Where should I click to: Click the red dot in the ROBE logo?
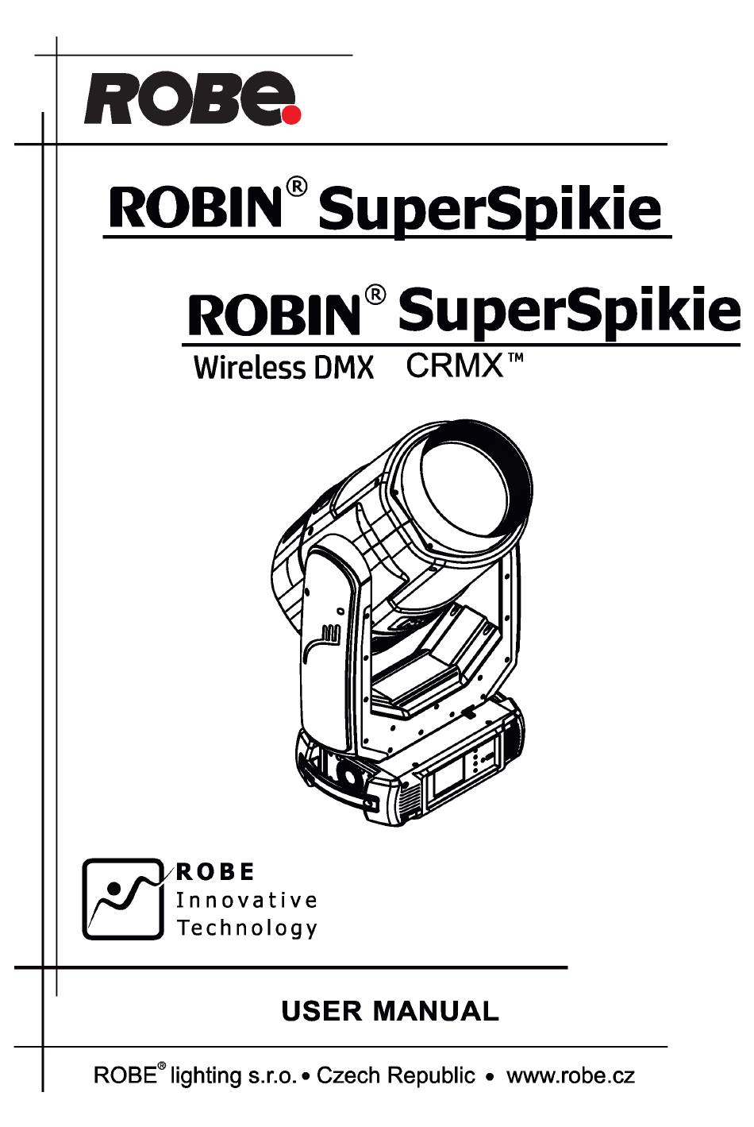pyautogui.click(x=291, y=114)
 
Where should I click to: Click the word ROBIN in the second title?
pyautogui.click(x=275, y=315)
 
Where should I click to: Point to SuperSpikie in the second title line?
pyautogui.click(x=569, y=312)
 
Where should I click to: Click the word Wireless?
pyautogui.click(x=249, y=368)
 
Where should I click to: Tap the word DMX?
pyautogui.click(x=344, y=369)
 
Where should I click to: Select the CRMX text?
pyautogui.click(x=454, y=366)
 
